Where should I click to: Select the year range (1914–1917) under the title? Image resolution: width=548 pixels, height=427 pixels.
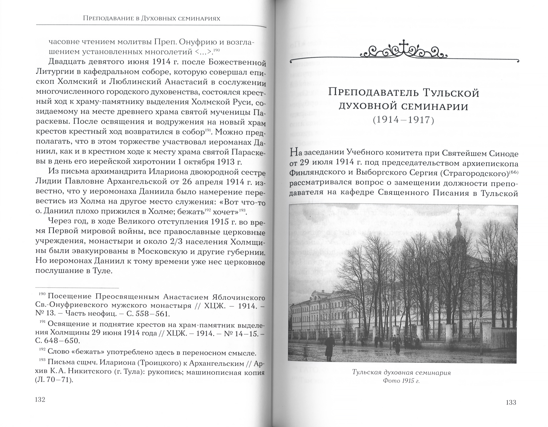403,120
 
